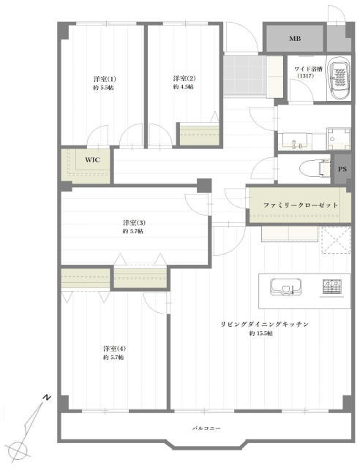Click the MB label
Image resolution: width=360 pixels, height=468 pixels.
pyautogui.click(x=295, y=39)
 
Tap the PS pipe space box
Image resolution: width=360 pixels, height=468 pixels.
pyautogui.click(x=342, y=169)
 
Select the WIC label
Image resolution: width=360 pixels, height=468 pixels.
pyautogui.click(x=92, y=159)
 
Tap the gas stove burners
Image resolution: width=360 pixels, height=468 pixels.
pyautogui.click(x=331, y=287)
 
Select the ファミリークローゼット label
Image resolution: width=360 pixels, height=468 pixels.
pyautogui.click(x=301, y=205)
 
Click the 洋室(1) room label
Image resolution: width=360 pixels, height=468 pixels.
pyautogui.click(x=105, y=79)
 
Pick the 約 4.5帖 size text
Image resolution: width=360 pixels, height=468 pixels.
pyautogui.click(x=183, y=87)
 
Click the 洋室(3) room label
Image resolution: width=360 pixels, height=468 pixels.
pyautogui.click(x=134, y=222)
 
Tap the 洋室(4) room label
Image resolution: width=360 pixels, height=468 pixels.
pyautogui.click(x=114, y=348)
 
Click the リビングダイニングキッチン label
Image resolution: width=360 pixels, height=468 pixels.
pyautogui.click(x=264, y=324)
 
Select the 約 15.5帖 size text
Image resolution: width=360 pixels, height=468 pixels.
pyautogui.click(x=261, y=333)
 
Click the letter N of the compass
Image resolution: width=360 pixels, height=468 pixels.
pyautogui.click(x=47, y=398)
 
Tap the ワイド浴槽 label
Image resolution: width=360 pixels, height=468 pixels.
pyautogui.click(x=308, y=69)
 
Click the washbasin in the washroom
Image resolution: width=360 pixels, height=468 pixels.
pyautogui.click(x=295, y=141)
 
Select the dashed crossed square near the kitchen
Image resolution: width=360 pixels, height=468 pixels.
pyautogui.click(x=336, y=241)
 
